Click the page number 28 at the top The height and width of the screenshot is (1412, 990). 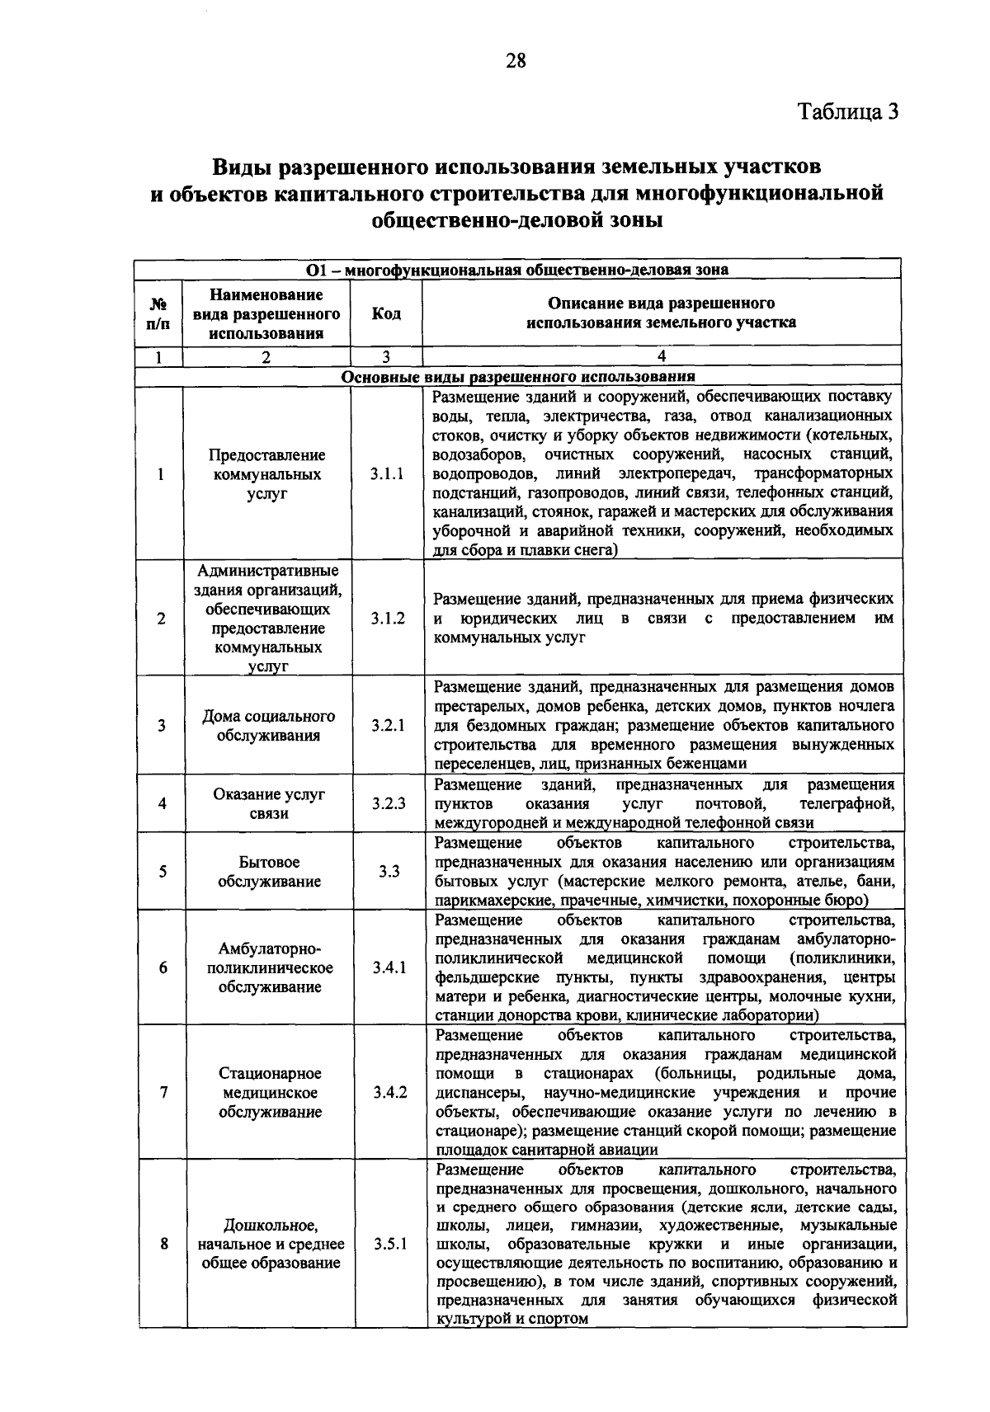[516, 60]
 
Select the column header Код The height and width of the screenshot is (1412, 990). [386, 314]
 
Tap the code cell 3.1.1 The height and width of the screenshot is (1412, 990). [387, 474]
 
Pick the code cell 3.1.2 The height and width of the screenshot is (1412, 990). [388, 619]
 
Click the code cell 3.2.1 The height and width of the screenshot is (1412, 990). [388, 726]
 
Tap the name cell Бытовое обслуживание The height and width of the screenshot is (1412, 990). [269, 872]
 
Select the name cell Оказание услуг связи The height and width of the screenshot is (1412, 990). [269, 803]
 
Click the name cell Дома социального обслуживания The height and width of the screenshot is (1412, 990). [268, 726]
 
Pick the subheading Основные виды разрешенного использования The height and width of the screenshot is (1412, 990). [518, 377]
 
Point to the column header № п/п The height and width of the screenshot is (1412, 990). [158, 314]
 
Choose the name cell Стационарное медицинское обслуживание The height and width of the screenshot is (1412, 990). [270, 1093]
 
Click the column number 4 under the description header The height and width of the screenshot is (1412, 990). [661, 357]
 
